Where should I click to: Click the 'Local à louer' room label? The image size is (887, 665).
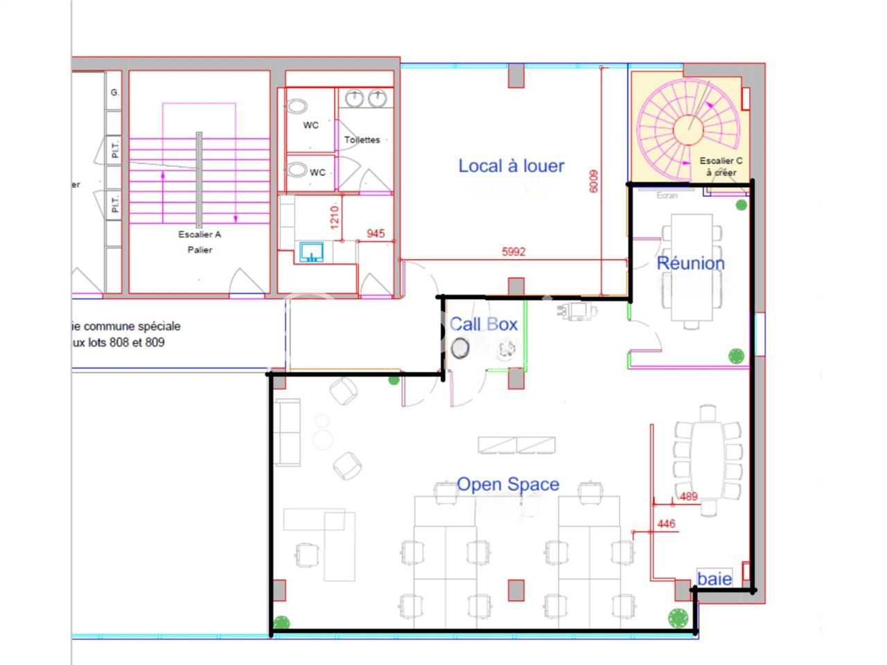pyautogui.click(x=511, y=166)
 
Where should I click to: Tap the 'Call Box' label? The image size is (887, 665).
pyautogui.click(x=483, y=324)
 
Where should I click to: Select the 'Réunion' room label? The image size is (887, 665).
pyautogui.click(x=690, y=263)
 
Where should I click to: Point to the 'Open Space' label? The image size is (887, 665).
pyautogui.click(x=508, y=485)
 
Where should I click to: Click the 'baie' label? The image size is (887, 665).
pyautogui.click(x=714, y=578)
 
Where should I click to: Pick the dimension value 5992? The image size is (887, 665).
pyautogui.click(x=513, y=252)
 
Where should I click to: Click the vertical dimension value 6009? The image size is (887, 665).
pyautogui.click(x=593, y=181)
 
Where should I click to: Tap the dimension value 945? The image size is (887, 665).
pyautogui.click(x=376, y=234)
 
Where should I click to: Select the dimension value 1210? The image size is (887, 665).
pyautogui.click(x=335, y=217)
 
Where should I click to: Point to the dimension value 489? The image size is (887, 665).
pyautogui.click(x=688, y=497)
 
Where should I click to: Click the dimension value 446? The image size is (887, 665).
pyautogui.click(x=666, y=524)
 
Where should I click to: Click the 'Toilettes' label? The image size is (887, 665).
pyautogui.click(x=362, y=140)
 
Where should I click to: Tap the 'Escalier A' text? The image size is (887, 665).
pyautogui.click(x=200, y=235)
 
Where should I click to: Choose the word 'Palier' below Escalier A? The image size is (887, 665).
pyautogui.click(x=200, y=250)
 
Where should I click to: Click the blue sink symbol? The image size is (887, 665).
pyautogui.click(x=313, y=252)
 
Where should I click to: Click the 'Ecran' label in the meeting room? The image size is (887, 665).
pyautogui.click(x=667, y=196)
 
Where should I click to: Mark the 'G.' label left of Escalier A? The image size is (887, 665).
pyautogui.click(x=115, y=92)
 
